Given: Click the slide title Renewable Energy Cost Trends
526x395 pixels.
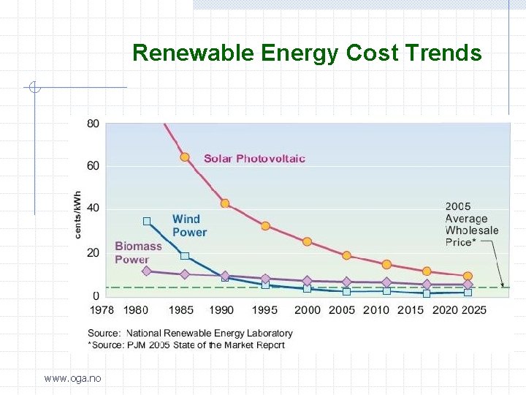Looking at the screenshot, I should pyautogui.click(x=307, y=53).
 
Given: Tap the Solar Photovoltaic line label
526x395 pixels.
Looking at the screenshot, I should pyautogui.click(x=254, y=159).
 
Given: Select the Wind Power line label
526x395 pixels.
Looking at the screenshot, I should pyautogui.click(x=189, y=225).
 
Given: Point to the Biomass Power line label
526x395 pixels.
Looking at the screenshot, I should pyautogui.click(x=138, y=253).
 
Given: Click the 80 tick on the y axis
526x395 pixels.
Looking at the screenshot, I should pyautogui.click(x=94, y=124).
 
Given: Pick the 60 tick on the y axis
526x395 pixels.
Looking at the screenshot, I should pyautogui.click(x=94, y=166).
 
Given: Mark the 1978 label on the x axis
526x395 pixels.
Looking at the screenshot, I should pyautogui.click(x=102, y=310).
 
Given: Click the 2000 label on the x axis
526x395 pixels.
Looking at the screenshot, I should pyautogui.click(x=307, y=310).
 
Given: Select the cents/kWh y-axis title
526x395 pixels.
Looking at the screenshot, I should pyautogui.click(x=78, y=214).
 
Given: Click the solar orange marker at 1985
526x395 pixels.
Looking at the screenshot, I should pyautogui.click(x=185, y=157).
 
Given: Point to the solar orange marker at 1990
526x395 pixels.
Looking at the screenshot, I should pyautogui.click(x=225, y=203).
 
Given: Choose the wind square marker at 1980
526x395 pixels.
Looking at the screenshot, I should pyautogui.click(x=147, y=221).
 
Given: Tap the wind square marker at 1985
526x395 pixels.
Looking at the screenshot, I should pyautogui.click(x=185, y=256).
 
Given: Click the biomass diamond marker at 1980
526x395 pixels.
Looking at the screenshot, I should pyautogui.click(x=147, y=271).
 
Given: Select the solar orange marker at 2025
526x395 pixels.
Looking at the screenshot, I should pyautogui.click(x=468, y=276).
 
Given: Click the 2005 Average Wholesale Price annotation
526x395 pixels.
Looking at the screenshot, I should pyautogui.click(x=471, y=224).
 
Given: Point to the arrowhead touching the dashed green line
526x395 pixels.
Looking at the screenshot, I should pyautogui.click(x=502, y=285).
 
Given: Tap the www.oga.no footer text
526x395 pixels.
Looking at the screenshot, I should pyautogui.click(x=72, y=378).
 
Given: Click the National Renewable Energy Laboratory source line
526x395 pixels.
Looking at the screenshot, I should pyautogui.click(x=190, y=334).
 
